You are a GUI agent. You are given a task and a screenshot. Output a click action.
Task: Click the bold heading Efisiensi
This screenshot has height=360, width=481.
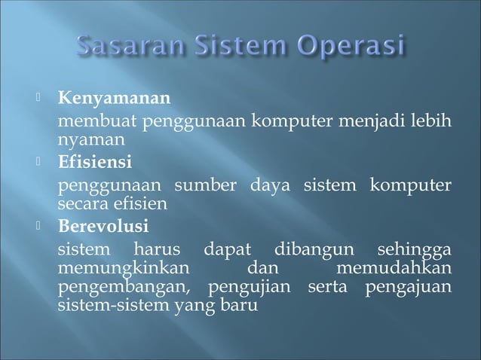95,163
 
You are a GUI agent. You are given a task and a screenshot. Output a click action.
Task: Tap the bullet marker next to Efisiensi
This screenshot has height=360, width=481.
42,163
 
